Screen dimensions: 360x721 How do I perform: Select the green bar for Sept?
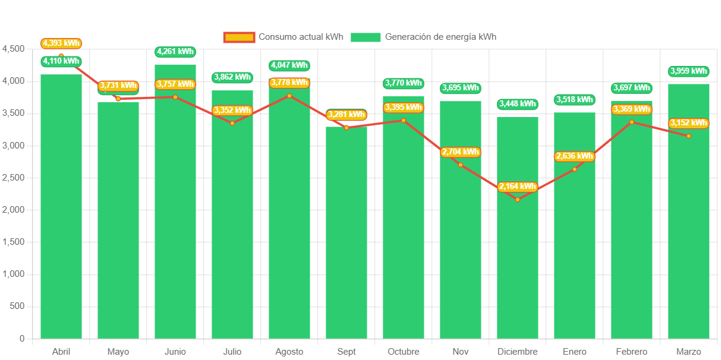tap(346, 238)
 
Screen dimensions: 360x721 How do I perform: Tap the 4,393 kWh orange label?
tap(61, 43)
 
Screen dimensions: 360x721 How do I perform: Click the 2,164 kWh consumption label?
tap(517, 187)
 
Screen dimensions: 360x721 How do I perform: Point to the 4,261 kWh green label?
tap(175, 52)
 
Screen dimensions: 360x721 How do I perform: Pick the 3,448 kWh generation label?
tap(517, 104)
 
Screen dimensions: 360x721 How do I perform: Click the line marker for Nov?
tap(461, 165)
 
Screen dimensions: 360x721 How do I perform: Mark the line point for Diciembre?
tap(517, 200)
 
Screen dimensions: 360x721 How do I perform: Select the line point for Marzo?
tap(688, 136)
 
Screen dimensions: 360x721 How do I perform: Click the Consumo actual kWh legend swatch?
tap(239, 37)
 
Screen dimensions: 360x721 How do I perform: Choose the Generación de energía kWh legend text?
tap(440, 37)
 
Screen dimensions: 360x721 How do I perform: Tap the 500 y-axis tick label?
tap(17, 306)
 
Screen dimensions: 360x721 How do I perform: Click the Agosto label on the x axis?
tap(289, 352)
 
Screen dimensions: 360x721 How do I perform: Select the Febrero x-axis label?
tap(631, 352)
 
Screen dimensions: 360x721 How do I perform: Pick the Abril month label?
tap(61, 352)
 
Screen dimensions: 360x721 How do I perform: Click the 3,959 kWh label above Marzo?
tap(688, 71)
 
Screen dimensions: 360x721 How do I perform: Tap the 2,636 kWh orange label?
tap(574, 156)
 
